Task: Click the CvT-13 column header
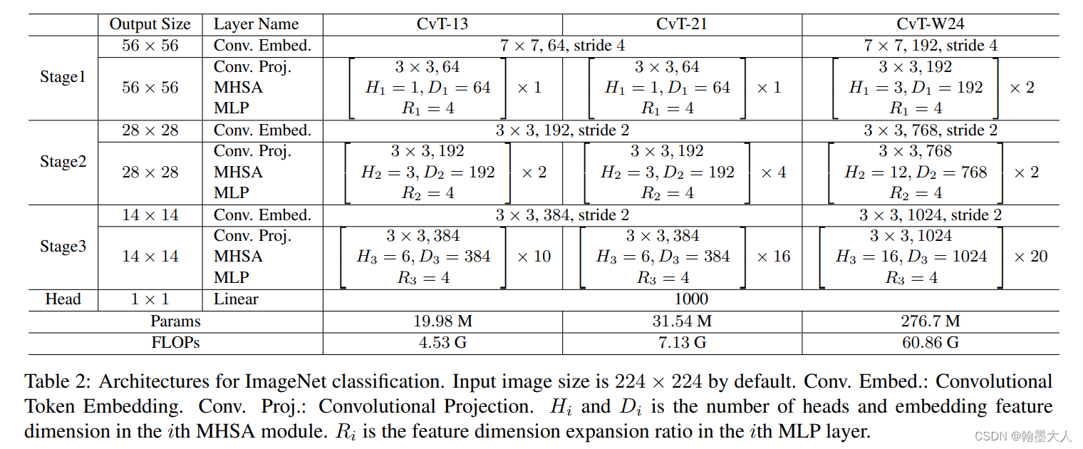coord(442,24)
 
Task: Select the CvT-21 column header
coord(682,24)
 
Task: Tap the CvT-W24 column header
coord(931,24)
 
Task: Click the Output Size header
coord(150,24)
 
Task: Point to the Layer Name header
coord(256,24)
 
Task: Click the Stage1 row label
coord(63,77)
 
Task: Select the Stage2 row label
coord(63,162)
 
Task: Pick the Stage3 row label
coord(63,247)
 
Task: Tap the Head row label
coord(63,299)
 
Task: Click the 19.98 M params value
coord(442,321)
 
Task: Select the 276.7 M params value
coord(931,321)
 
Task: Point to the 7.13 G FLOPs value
coord(682,343)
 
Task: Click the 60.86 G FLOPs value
coord(931,343)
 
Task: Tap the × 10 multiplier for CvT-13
coord(534,257)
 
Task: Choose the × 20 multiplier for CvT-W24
coord(1030,257)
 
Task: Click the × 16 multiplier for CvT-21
coord(773,257)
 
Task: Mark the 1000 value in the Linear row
coord(690,299)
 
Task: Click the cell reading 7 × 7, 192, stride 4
coord(931,46)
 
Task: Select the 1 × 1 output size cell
coord(150,299)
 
